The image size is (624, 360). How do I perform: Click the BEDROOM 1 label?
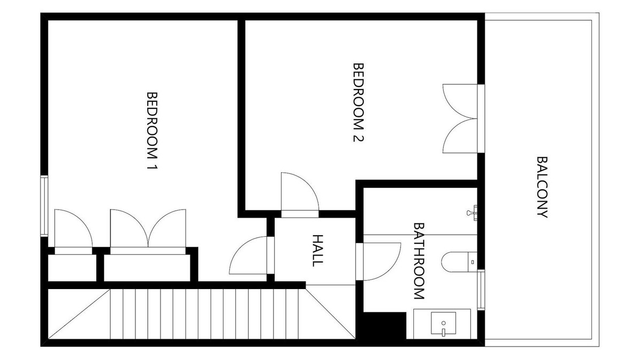[153, 131]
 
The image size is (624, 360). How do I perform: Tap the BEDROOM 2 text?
[358, 102]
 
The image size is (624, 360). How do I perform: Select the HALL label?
[317, 250]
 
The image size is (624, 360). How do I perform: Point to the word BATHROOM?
[419, 261]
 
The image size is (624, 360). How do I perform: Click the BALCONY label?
[542, 187]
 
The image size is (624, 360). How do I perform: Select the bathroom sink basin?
[443, 324]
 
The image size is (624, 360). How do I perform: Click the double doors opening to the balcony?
[461, 118]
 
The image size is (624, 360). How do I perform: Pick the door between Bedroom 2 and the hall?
[300, 195]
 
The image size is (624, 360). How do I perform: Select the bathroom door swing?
[380, 261]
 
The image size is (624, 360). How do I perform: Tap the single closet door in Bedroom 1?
[73, 231]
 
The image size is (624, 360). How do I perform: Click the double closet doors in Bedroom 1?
[148, 231]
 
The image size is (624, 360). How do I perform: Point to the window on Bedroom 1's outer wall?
[44, 206]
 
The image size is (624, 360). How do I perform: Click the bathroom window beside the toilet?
[481, 289]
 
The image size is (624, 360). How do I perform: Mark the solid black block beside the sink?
[385, 325]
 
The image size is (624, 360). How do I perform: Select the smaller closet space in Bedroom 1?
[72, 268]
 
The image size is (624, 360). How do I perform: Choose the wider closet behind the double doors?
[147, 268]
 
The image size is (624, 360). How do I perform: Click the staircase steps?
[204, 314]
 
